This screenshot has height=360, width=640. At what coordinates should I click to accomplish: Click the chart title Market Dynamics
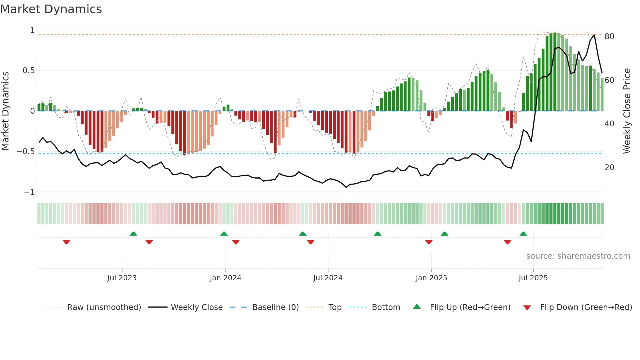click(51, 9)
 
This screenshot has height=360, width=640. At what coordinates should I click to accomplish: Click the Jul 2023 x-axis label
click(122, 278)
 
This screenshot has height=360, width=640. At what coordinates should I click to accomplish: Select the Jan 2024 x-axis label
click(225, 278)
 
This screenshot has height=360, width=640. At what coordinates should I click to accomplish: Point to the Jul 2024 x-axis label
click(328, 278)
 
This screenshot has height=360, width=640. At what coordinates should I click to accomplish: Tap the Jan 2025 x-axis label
click(431, 278)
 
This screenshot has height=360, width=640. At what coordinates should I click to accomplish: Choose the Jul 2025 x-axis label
click(533, 278)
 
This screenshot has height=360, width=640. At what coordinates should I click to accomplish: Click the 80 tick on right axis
click(609, 37)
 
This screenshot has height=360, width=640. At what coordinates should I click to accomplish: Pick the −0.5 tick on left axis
click(26, 152)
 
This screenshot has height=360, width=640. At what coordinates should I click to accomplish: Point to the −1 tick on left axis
click(29, 192)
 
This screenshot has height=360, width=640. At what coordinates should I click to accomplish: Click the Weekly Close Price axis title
click(627, 111)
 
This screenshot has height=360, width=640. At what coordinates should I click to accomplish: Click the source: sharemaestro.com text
click(578, 256)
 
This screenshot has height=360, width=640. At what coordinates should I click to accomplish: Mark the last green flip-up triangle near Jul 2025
click(523, 234)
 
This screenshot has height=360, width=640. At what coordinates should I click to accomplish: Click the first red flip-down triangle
click(66, 242)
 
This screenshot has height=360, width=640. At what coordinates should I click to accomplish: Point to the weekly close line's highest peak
click(594, 35)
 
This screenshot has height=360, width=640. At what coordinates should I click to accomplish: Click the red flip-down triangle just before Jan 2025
click(429, 242)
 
